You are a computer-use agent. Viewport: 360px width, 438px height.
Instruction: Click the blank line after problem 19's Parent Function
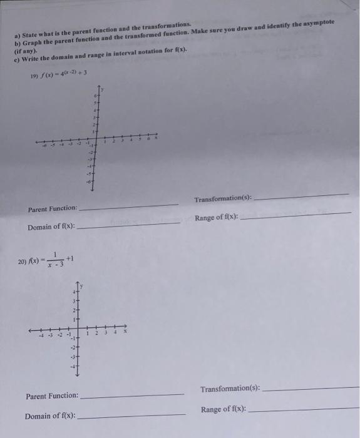[129, 205]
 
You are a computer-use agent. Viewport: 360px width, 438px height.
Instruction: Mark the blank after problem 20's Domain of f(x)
[131, 416]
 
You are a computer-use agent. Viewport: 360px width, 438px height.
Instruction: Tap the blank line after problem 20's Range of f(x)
[304, 409]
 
